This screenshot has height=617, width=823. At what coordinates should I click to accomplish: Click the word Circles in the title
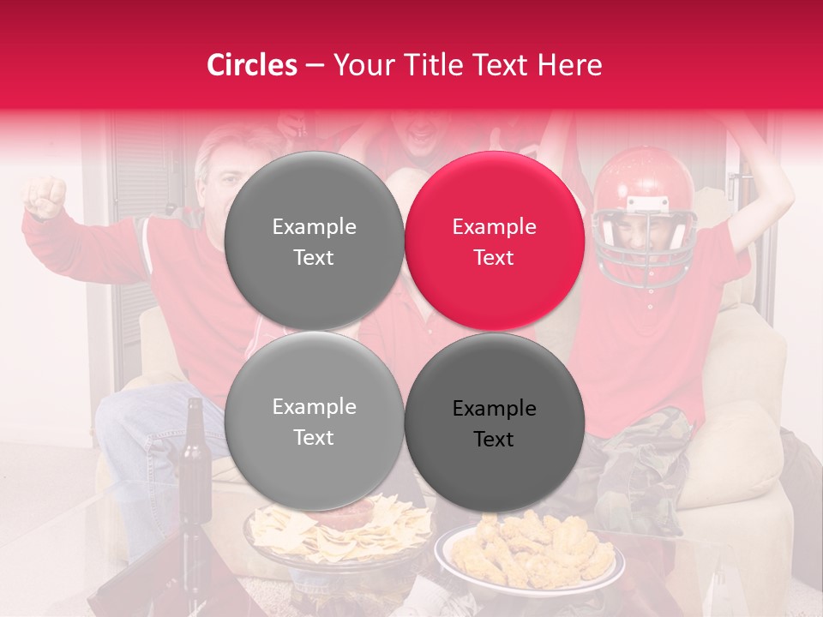[252, 65]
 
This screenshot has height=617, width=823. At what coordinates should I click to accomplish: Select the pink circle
[494, 242]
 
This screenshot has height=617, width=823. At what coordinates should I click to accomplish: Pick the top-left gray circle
[314, 242]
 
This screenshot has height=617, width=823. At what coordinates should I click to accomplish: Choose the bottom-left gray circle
[314, 422]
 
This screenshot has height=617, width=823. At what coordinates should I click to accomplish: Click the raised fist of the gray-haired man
[45, 195]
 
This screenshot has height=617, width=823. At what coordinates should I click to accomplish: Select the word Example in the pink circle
[494, 227]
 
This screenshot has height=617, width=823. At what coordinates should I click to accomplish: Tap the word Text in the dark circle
[494, 440]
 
